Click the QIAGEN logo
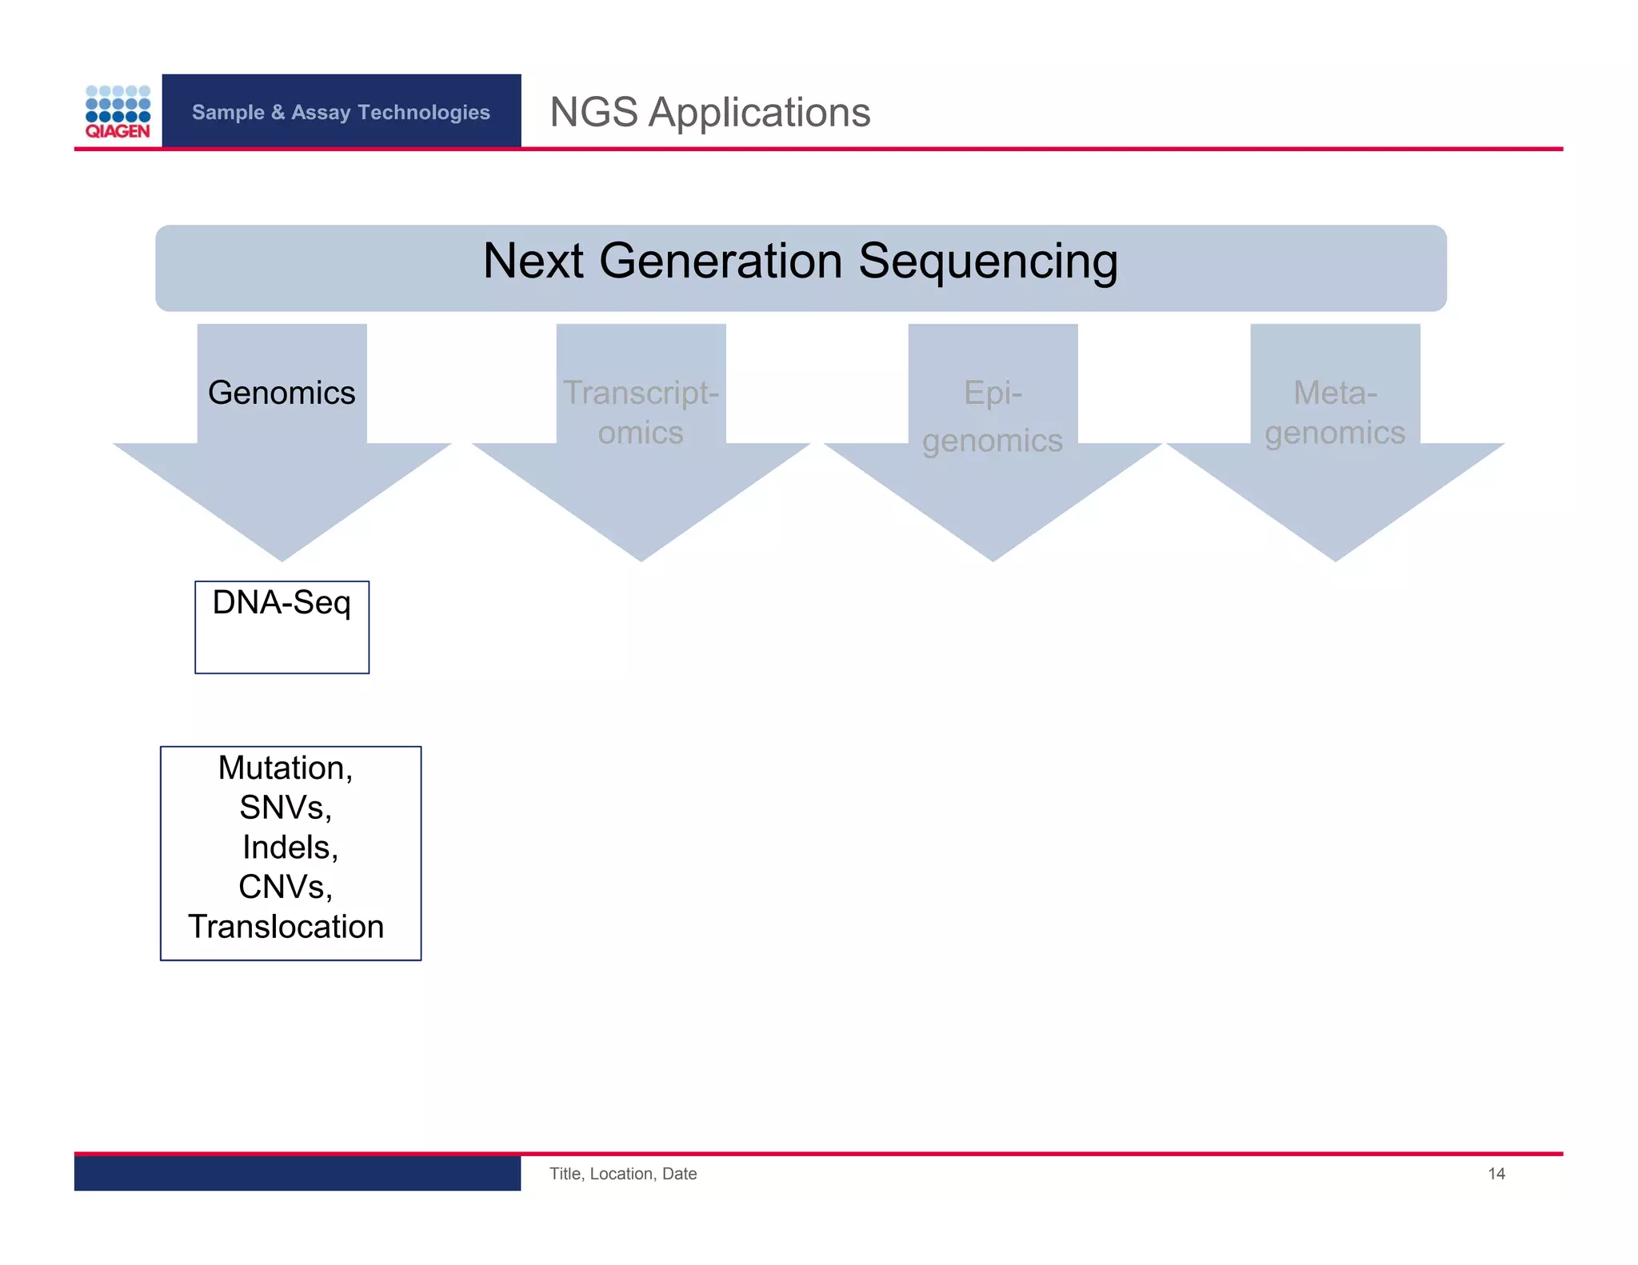(118, 112)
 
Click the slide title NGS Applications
(709, 112)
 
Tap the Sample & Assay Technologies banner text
(341, 112)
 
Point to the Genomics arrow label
(282, 393)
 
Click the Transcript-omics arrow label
(641, 413)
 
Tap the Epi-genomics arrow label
(993, 417)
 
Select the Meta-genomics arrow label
(1335, 413)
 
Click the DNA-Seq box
(282, 626)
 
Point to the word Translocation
(286, 927)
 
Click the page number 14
(1496, 1174)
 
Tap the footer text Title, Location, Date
(622, 1174)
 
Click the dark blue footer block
(297, 1173)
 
